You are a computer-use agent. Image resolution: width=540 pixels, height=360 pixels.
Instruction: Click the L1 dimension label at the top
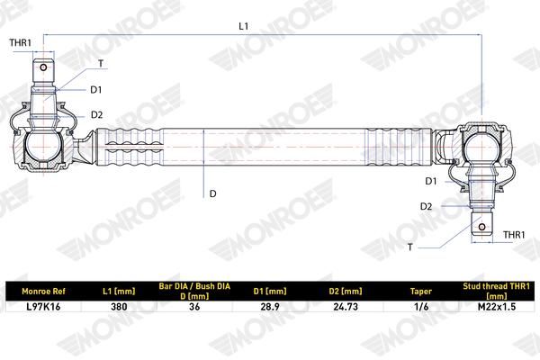tap(244, 26)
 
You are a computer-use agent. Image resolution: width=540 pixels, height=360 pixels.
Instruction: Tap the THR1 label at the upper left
tap(21, 42)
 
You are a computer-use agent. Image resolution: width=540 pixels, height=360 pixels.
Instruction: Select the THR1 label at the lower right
tap(514, 235)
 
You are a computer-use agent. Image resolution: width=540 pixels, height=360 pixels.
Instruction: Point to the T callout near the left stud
tap(101, 64)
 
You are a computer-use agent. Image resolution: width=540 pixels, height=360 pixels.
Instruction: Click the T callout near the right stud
tap(409, 247)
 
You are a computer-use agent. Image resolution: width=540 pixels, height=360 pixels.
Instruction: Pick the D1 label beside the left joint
tap(96, 90)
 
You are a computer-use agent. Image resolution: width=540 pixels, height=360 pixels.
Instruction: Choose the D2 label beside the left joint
tap(97, 114)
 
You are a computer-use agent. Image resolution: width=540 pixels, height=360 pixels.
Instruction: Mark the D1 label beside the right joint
tap(431, 181)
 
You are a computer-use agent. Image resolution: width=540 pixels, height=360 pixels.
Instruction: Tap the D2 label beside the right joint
tap(426, 206)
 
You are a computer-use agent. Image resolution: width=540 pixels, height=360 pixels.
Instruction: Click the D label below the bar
tap(212, 193)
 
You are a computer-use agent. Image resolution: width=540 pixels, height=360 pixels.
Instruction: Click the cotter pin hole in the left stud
tap(43, 67)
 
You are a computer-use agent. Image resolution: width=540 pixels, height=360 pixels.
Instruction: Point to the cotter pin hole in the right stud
tap(482, 227)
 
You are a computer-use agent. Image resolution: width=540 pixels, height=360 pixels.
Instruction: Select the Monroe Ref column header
tap(43, 292)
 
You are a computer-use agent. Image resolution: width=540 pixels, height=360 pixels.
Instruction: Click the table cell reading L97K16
tap(43, 307)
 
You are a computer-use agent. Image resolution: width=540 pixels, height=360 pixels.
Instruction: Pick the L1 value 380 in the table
tap(119, 307)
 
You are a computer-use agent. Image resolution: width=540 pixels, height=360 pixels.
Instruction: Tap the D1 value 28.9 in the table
tap(270, 307)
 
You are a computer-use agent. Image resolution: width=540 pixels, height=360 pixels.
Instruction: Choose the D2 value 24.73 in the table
tap(346, 307)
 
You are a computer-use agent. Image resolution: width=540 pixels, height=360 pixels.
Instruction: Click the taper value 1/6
tap(421, 307)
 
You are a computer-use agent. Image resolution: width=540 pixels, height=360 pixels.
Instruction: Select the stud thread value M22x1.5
tap(497, 307)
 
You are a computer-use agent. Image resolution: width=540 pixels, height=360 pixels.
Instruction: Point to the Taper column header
tap(421, 292)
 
